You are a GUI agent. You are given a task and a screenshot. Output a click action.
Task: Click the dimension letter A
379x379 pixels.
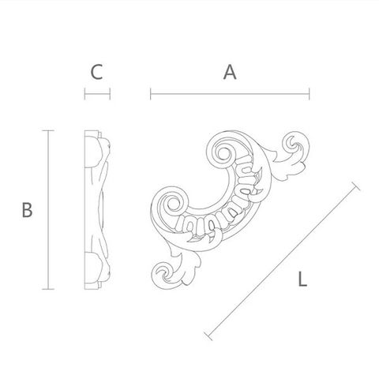pyautogui.click(x=230, y=72)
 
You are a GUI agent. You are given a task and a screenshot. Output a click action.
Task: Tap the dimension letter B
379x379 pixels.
pyautogui.click(x=27, y=210)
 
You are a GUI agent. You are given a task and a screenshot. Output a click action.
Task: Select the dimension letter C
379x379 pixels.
pyautogui.click(x=96, y=72)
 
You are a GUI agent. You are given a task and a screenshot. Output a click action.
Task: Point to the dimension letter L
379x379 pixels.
pyautogui.click(x=302, y=280)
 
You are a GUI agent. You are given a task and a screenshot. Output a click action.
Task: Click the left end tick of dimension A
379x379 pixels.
pyautogui.click(x=151, y=94)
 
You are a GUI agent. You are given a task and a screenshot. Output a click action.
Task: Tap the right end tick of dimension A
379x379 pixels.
pyautogui.click(x=310, y=94)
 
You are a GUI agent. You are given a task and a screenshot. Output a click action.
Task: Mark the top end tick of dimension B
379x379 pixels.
pyautogui.click(x=48, y=130)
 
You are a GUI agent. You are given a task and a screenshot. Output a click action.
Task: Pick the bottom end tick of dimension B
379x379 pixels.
pyautogui.click(x=48, y=289)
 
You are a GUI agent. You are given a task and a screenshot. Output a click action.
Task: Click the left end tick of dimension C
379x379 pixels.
pyautogui.click(x=84, y=94)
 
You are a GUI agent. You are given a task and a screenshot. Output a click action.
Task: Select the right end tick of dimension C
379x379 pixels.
pyautogui.click(x=110, y=94)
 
